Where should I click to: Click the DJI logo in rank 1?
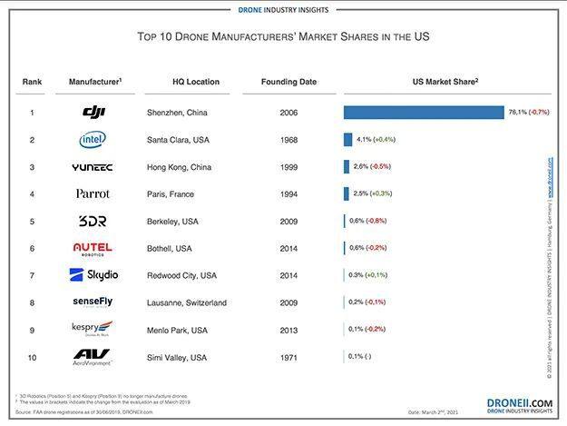coord(94,113)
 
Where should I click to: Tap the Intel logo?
coord(93,140)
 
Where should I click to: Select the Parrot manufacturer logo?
coord(93,193)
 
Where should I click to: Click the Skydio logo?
coord(93,275)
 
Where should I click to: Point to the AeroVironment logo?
coord(93,357)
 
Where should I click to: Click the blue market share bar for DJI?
coord(423,113)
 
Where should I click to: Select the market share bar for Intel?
coord(347,140)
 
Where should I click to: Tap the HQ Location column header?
coord(196,82)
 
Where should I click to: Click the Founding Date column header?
coord(288,82)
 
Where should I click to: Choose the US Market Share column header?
coord(445,82)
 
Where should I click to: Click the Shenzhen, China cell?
coord(179,113)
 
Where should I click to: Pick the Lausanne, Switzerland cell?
coord(186,302)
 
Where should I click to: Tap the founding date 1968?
coord(288,140)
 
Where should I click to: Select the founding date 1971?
coord(288,357)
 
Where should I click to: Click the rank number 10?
coord(32,357)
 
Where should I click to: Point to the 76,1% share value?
coord(517,113)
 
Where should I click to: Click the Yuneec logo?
coord(93,167)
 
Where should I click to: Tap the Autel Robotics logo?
coord(93,248)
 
